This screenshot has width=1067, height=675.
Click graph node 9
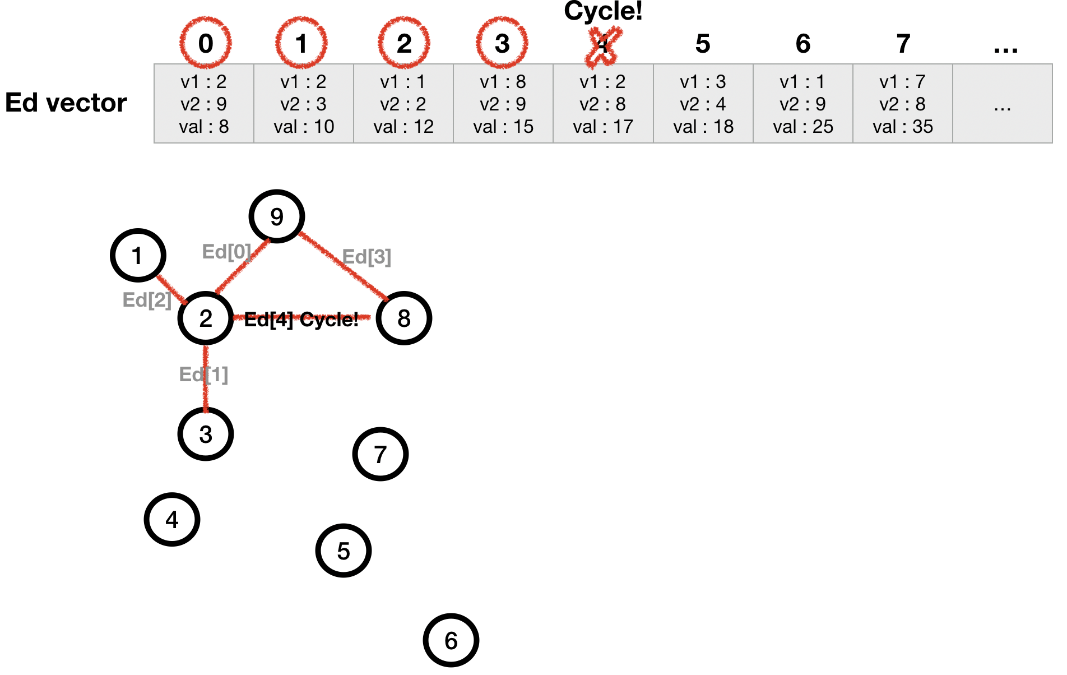[277, 216]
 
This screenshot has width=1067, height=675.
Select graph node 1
[138, 256]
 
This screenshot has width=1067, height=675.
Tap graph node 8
[404, 318]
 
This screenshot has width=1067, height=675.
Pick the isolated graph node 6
[451, 640]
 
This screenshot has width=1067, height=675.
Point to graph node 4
[172, 520]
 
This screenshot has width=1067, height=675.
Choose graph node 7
[381, 454]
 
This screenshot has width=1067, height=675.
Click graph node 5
[344, 551]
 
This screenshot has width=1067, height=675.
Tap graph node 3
[206, 434]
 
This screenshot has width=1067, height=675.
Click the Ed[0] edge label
[226, 252]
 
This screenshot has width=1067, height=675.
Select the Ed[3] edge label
[367, 257]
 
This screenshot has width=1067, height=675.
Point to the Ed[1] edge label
[203, 374]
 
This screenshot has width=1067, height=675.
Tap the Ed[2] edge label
[147, 300]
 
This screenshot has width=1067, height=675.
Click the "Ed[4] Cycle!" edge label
[301, 320]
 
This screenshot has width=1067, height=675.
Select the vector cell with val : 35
[902, 104]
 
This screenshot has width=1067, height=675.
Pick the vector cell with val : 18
[703, 104]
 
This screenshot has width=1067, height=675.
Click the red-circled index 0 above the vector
[206, 43]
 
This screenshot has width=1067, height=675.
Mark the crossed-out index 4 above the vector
[602, 44]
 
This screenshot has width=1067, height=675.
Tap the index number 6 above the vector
[802, 44]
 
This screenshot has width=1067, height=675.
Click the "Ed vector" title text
[66, 103]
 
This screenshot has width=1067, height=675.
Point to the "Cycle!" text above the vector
[603, 11]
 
